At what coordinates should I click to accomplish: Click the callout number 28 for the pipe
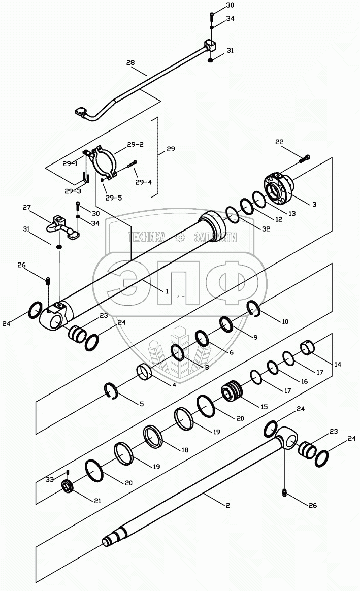tap(130, 62)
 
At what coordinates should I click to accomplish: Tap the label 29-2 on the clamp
tap(135, 145)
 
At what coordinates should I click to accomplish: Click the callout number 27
tap(27, 207)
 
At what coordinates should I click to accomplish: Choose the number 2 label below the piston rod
tap(228, 505)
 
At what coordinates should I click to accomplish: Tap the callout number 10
tap(285, 321)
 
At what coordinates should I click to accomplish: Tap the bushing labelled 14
tap(308, 349)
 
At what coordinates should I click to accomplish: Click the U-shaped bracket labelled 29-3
tap(86, 178)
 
